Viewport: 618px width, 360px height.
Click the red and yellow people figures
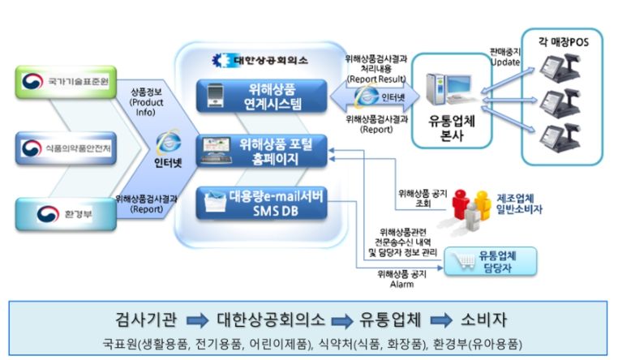click(471, 209)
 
